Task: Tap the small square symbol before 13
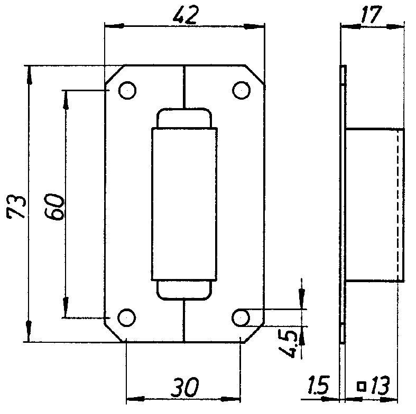tap(362, 387)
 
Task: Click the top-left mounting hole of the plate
tap(127, 91)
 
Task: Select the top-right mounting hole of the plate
tap(241, 90)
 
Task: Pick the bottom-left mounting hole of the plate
tap(126, 317)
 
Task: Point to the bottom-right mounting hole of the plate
tap(241, 317)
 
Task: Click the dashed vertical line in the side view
tap(397, 204)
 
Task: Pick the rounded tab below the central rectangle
tap(184, 290)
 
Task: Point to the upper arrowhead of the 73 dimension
tap(28, 73)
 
